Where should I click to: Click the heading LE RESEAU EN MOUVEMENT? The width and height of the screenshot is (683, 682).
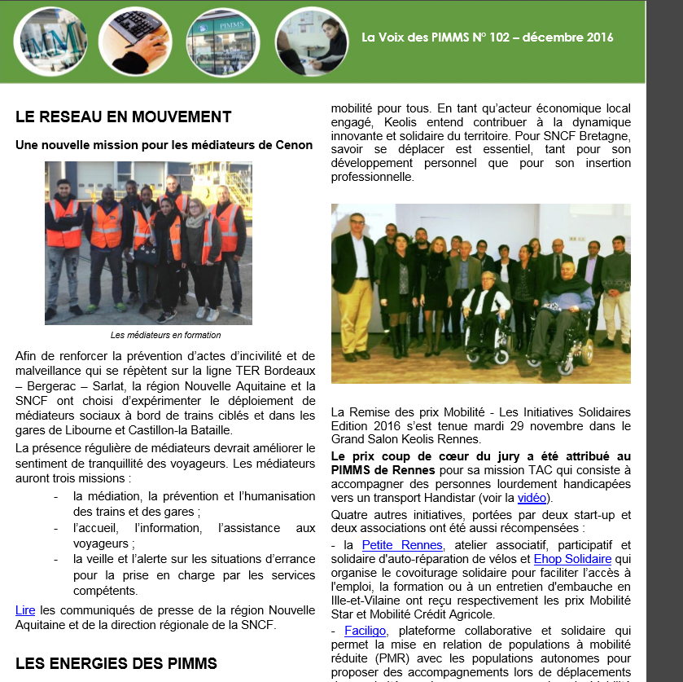pos(123,117)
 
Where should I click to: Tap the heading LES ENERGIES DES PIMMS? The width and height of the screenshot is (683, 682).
pos(116,662)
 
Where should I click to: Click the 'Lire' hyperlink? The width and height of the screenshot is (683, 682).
pos(24,610)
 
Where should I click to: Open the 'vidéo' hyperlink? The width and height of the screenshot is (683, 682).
pos(532,498)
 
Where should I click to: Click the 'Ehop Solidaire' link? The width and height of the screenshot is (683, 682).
pos(572,559)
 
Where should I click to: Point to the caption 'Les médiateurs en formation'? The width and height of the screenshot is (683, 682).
pos(166,335)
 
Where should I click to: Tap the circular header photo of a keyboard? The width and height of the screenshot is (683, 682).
pos(135,41)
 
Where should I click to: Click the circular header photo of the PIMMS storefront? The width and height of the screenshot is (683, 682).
pos(222,41)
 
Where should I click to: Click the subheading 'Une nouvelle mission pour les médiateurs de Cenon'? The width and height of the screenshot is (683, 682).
pos(164,145)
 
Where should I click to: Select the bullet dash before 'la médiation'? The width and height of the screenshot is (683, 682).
pos(55,496)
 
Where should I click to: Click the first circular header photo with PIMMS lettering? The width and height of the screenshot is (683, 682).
pos(50,41)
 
